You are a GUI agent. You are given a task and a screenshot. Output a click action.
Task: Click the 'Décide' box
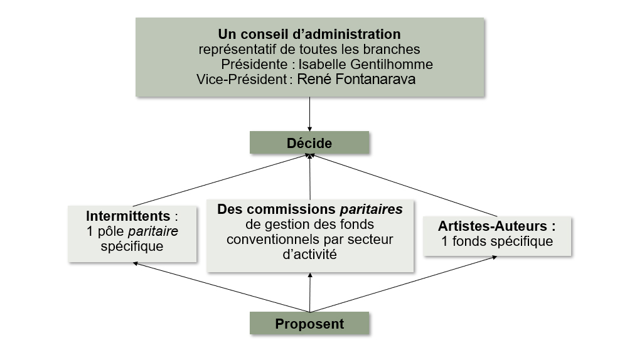[309, 142]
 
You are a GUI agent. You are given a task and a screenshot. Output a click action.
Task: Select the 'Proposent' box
[309, 323]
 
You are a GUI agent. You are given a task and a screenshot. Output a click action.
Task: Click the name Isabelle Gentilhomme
[366, 64]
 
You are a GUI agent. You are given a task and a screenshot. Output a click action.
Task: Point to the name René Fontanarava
[356, 79]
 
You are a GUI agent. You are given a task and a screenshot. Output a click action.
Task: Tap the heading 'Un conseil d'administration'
[309, 34]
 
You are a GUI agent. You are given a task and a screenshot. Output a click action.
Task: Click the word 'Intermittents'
[128, 216]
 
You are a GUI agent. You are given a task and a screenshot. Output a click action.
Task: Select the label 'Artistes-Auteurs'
[493, 226]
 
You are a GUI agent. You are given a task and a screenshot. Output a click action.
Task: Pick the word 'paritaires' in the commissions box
[372, 209]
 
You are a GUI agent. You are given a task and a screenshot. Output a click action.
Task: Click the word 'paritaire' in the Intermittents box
[153, 231]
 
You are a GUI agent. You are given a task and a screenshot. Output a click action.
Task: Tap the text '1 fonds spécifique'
[497, 241]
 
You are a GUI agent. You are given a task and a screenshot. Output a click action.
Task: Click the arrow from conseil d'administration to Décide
[309, 114]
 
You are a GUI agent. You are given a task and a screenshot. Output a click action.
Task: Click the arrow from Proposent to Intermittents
[222, 287]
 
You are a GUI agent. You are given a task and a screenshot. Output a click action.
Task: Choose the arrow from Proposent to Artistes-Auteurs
[404, 284]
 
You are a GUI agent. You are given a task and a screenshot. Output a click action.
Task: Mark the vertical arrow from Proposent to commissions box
[310, 292]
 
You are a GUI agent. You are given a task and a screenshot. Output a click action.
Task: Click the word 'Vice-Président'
[242, 79]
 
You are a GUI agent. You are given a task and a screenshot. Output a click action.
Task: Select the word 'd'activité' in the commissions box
[309, 255]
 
